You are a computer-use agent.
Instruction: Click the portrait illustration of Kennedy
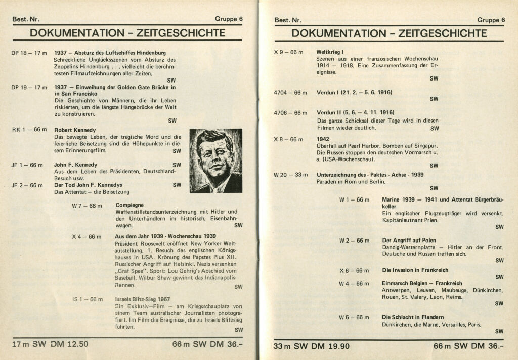coord(215,161)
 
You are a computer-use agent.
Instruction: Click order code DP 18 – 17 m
coord(29,53)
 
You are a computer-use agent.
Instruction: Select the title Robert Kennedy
coord(75,130)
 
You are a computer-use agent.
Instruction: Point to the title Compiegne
coord(129,205)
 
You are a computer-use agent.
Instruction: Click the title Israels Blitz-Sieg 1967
coord(142,299)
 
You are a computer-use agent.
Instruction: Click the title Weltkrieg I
coord(330,52)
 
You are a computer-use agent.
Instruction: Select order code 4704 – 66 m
coord(290,93)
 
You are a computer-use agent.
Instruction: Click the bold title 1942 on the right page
coord(323,139)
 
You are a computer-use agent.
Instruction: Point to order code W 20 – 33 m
coord(290,175)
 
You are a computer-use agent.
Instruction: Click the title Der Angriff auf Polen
coord(409,240)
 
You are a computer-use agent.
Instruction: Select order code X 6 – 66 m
coord(354,270)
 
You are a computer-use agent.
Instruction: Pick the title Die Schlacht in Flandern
coord(413,317)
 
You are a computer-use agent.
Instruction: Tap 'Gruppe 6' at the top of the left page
coord(229,19)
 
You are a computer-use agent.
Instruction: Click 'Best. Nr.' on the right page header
coord(288,20)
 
